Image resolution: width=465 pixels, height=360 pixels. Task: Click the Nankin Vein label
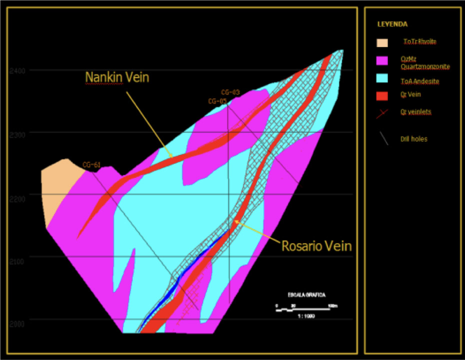pyautogui.click(x=117, y=77)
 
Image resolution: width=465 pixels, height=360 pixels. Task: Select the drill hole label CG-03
pyautogui.click(x=230, y=92)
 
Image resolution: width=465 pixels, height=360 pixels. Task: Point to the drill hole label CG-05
pyautogui.click(x=217, y=101)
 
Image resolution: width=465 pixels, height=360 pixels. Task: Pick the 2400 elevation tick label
pyautogui.click(x=17, y=70)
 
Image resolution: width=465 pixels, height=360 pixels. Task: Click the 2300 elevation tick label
pyautogui.click(x=17, y=132)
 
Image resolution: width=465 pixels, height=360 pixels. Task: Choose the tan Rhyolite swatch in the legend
pyautogui.click(x=382, y=42)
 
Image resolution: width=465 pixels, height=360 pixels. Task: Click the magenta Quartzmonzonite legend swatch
pyautogui.click(x=382, y=61)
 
